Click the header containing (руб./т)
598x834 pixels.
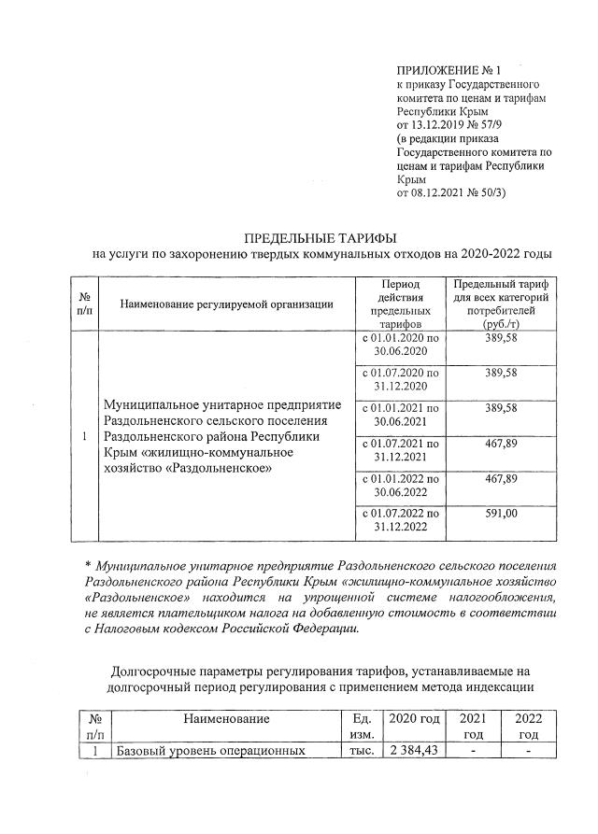coord(500,322)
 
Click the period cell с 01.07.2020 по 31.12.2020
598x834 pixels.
coord(400,379)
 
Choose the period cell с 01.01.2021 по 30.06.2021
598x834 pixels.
coord(400,415)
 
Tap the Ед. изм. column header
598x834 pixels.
coord(360,726)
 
